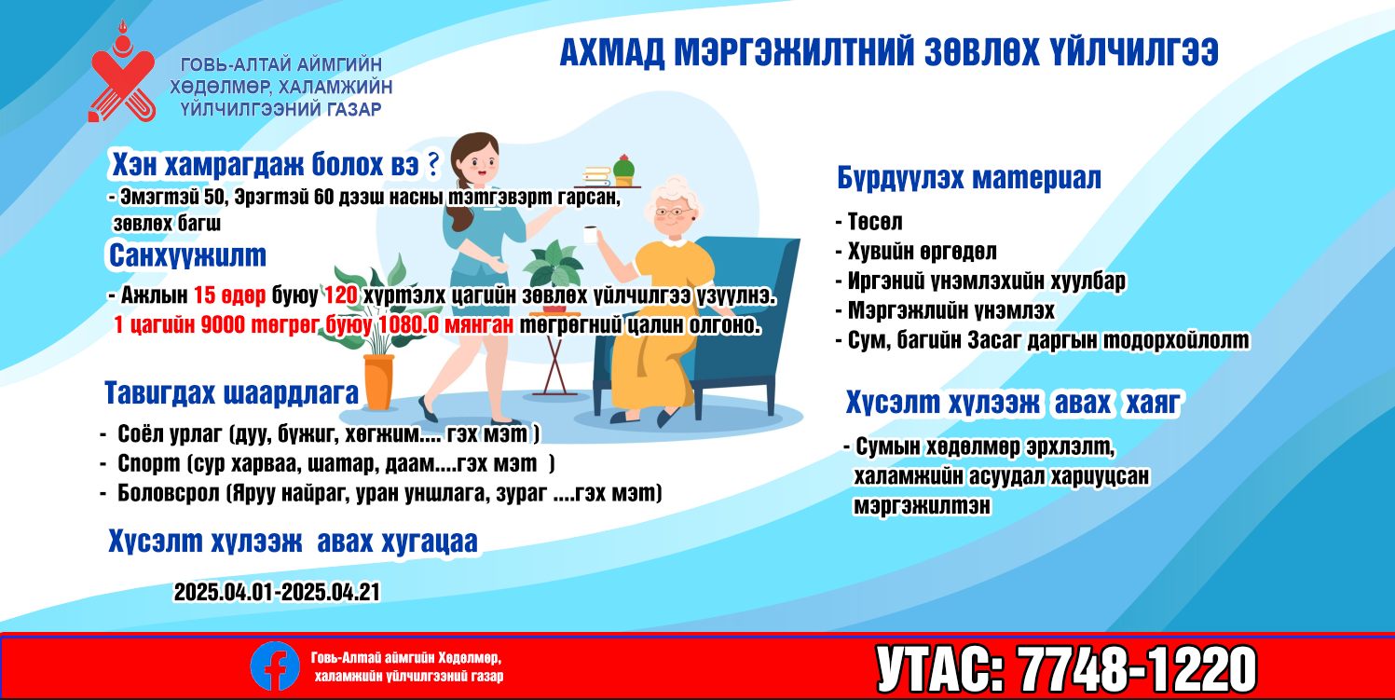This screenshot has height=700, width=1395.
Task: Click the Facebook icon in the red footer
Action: (275, 666)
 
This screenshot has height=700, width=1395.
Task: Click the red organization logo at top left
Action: (122, 72)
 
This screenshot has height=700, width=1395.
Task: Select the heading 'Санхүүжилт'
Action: (187, 255)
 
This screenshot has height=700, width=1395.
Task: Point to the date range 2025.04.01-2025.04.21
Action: (277, 592)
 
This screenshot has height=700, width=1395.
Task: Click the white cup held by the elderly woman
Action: (590, 234)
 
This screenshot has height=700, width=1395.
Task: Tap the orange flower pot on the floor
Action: (378, 381)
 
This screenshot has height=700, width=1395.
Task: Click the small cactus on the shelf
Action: (623, 166)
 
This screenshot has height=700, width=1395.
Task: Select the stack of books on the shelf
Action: (596, 175)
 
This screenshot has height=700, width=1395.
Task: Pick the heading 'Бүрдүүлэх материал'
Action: (969, 178)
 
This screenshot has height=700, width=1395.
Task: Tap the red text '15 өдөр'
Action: (230, 295)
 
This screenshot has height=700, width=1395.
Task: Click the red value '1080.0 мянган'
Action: (446, 324)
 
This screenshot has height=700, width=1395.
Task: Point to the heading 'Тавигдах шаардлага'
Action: (232, 393)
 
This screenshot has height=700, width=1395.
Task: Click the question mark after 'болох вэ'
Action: (432, 164)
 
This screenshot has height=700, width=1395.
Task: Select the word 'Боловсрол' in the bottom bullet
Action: (169, 494)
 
